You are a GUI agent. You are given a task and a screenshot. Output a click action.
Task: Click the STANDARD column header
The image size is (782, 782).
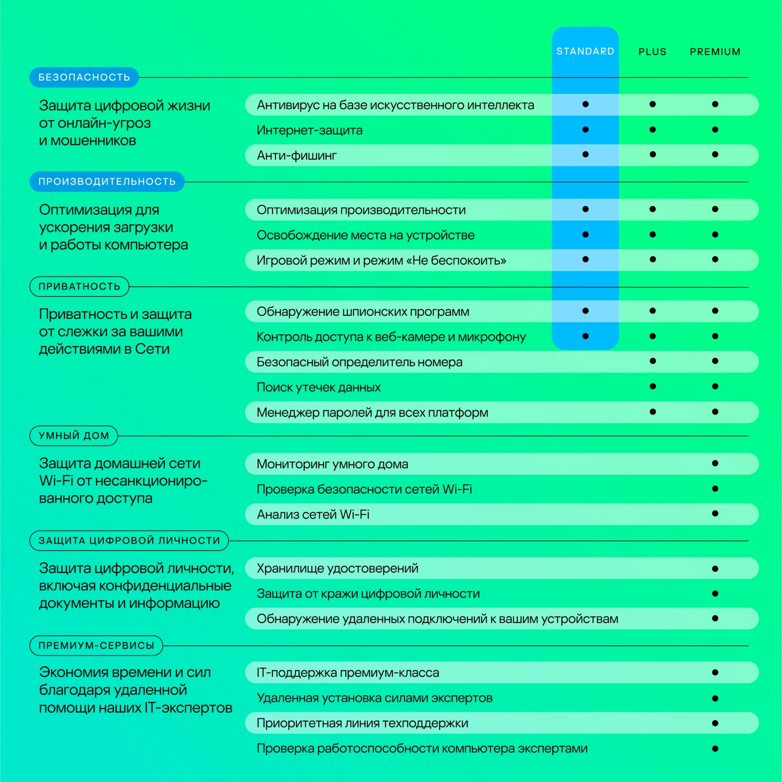click(x=585, y=51)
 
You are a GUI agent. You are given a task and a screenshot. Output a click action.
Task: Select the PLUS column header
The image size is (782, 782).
click(x=652, y=52)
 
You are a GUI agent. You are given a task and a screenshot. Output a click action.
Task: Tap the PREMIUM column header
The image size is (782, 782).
click(x=715, y=52)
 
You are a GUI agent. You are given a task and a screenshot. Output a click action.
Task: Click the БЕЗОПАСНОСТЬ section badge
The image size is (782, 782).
click(x=84, y=77)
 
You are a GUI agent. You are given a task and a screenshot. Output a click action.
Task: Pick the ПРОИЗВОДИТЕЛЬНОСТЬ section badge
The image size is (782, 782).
click(x=107, y=182)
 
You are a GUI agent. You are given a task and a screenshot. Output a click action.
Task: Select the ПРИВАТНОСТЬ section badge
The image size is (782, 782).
click(x=79, y=286)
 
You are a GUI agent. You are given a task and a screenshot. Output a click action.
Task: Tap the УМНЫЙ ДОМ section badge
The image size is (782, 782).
click(x=74, y=435)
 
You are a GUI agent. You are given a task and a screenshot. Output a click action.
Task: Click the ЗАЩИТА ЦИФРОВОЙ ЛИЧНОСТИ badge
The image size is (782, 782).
click(x=129, y=540)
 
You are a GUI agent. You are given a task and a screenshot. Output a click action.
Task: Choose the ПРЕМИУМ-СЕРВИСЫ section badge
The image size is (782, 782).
click(x=96, y=645)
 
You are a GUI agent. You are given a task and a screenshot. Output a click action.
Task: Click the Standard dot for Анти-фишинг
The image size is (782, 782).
click(x=585, y=154)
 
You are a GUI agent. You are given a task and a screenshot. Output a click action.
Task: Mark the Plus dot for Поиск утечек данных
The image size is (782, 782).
click(x=653, y=387)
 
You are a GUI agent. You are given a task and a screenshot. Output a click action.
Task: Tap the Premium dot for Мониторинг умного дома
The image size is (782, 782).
click(x=715, y=463)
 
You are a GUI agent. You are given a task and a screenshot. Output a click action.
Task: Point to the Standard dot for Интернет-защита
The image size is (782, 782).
click(x=585, y=129)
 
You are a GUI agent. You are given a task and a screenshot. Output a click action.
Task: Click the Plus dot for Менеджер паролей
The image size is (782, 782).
click(x=653, y=412)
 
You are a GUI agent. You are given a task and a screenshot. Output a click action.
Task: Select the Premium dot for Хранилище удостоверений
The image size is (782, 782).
click(x=715, y=568)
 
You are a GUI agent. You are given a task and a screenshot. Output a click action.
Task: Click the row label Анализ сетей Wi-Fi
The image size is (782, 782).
click(x=313, y=514)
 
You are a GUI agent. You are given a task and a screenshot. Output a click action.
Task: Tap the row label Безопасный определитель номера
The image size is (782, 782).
click(x=359, y=361)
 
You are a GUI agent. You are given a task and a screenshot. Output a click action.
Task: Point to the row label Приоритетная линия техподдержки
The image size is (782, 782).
click(x=362, y=723)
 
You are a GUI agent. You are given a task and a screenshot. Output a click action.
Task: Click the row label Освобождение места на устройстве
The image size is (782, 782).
click(x=366, y=235)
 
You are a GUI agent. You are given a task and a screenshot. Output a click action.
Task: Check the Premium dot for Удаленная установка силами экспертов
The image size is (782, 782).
click(x=715, y=698)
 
